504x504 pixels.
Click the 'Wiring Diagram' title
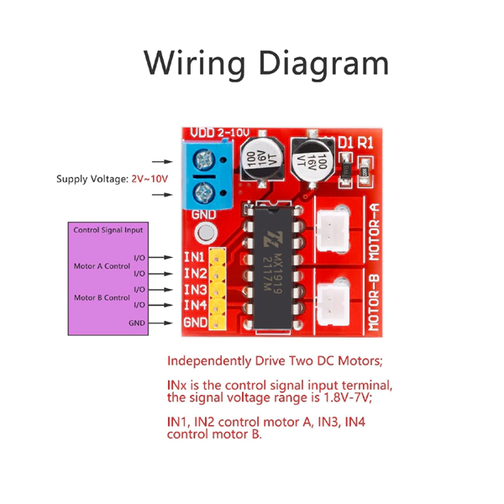266,64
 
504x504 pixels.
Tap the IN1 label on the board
195,257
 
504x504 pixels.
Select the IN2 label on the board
195,273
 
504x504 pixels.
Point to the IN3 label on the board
195,290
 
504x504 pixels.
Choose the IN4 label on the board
195,306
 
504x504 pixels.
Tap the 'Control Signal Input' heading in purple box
108,229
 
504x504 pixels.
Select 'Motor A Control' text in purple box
102,265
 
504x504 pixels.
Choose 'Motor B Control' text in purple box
102,297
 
